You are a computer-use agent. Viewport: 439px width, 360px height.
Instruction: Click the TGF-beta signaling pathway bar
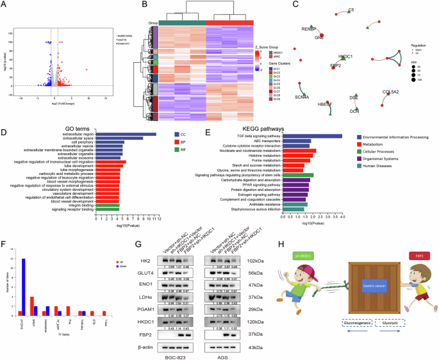312,136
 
